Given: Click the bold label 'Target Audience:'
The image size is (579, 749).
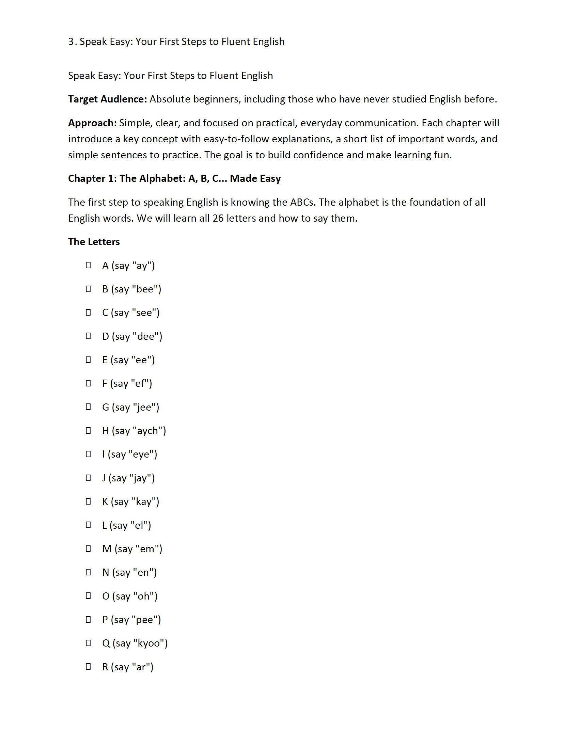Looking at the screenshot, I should (107, 99).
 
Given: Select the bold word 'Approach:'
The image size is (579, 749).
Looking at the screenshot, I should (92, 123).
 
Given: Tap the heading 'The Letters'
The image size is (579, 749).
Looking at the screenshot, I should (94, 242).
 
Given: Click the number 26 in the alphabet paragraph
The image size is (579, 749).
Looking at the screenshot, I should (218, 218).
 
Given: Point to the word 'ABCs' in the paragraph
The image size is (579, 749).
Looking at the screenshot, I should (302, 202).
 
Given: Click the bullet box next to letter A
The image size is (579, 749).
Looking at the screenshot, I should (88, 265).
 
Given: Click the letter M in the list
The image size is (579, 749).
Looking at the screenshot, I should (107, 549).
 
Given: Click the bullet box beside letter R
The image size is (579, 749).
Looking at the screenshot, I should (88, 666).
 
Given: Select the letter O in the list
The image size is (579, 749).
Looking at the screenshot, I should (106, 596).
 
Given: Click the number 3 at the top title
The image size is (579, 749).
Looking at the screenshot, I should (71, 42).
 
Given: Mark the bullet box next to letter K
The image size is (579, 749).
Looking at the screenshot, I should (88, 501).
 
